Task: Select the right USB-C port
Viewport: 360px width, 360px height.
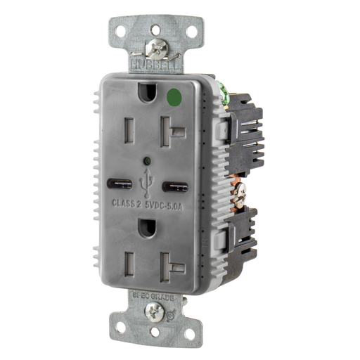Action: (175, 188)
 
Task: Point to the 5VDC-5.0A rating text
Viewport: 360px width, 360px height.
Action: (167, 205)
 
